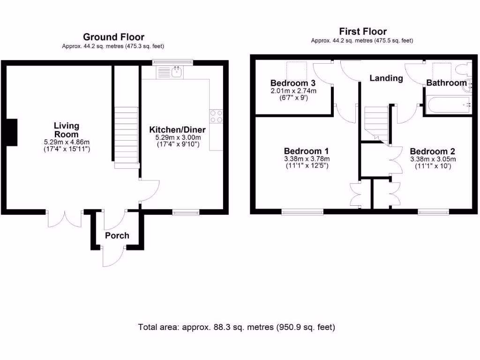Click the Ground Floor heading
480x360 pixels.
click(113, 37)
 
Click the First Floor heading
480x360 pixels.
click(363, 31)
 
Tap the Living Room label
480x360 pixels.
click(66, 130)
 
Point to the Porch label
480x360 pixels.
click(117, 235)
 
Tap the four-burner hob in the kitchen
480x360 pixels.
click(216, 116)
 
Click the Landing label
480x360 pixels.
click(386, 78)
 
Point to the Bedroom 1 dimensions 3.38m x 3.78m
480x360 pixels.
click(307, 159)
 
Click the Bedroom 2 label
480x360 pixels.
click(432, 151)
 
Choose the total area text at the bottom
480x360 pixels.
click(237, 327)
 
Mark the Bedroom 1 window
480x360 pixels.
click(302, 212)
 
